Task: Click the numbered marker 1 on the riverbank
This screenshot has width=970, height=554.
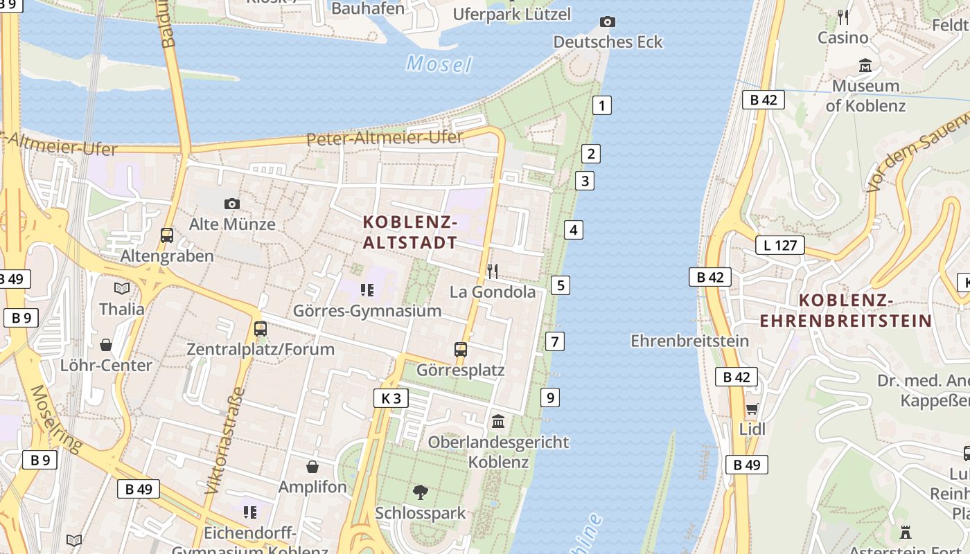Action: click(602, 106)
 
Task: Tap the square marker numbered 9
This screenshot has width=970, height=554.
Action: click(550, 397)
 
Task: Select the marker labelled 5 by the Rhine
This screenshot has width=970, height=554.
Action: click(561, 285)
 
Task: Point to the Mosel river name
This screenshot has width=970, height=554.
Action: click(439, 64)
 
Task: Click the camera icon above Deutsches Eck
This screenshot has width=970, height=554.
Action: click(607, 21)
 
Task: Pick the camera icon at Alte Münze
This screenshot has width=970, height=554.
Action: click(232, 204)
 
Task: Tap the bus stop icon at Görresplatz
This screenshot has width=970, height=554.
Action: click(461, 350)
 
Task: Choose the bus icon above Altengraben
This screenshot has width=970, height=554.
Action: click(167, 235)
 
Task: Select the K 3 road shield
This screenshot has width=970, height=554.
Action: click(391, 398)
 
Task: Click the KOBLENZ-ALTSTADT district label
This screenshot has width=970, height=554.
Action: click(410, 233)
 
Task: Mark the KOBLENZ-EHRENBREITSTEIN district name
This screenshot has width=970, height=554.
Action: click(845, 311)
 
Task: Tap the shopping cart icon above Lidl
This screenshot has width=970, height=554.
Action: click(752, 409)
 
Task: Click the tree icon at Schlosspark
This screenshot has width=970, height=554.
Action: click(420, 492)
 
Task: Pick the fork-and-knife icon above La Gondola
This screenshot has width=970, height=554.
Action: click(493, 271)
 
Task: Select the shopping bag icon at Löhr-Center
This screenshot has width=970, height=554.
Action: click(106, 344)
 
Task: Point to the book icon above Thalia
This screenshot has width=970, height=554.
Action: click(122, 288)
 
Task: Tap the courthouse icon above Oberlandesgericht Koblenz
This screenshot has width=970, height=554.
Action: click(498, 421)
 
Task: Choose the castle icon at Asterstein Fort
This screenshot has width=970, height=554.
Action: click(905, 533)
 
